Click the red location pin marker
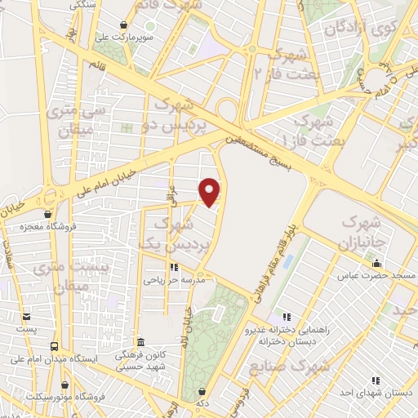210,192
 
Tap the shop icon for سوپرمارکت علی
122,25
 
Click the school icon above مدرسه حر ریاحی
173,267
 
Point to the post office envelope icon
27,316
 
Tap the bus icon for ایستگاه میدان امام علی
55,346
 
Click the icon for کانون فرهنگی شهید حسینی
140,342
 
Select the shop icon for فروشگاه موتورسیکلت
64,385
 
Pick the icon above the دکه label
202,391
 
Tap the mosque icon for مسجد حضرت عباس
376,264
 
